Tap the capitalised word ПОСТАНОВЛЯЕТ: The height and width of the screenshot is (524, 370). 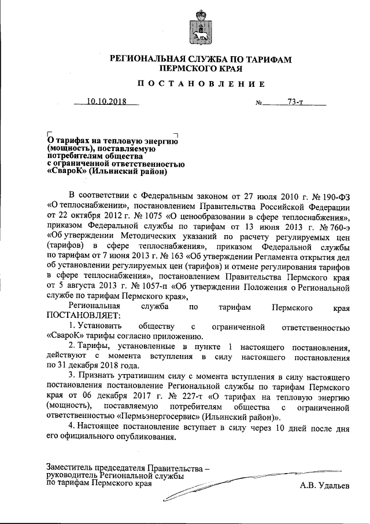(x=81, y=316)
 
